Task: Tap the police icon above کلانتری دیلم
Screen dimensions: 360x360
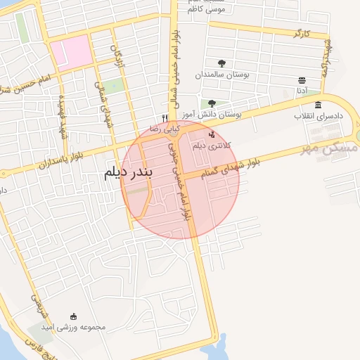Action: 212,134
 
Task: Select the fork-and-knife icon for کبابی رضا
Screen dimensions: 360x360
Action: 165,119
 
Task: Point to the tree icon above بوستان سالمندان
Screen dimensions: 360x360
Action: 222,63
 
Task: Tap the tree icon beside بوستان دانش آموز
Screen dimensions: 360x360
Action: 212,103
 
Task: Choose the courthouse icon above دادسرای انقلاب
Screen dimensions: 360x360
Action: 318,105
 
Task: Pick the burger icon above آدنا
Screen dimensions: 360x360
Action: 302,80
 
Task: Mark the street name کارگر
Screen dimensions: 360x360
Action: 300,33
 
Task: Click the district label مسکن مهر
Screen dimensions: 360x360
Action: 335,149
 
